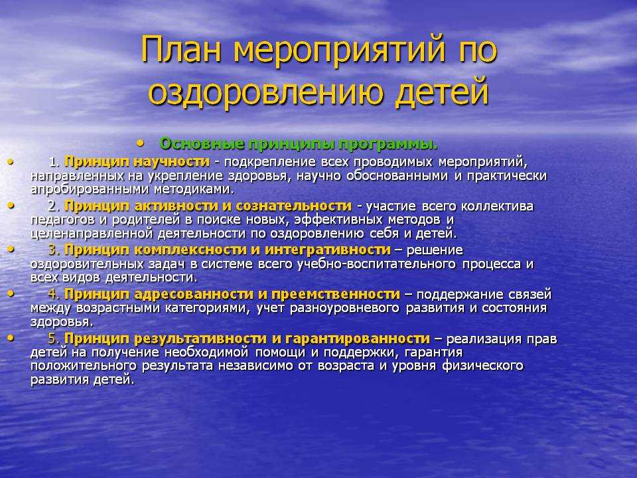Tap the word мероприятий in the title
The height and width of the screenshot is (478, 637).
pyautogui.click(x=339, y=51)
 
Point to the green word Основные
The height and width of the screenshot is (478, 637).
pyautogui.click(x=202, y=144)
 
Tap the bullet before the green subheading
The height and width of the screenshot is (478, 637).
pyautogui.click(x=141, y=143)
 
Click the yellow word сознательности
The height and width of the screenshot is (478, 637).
pyautogui.click(x=294, y=206)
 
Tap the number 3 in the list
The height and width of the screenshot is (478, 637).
pyautogui.click(x=52, y=250)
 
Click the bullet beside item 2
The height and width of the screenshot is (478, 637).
pyautogui.click(x=11, y=206)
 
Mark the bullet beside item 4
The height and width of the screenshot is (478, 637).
pyautogui.click(x=11, y=293)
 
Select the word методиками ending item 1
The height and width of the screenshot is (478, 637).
pyautogui.click(x=193, y=189)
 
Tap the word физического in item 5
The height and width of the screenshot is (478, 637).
pyautogui.click(x=483, y=366)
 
